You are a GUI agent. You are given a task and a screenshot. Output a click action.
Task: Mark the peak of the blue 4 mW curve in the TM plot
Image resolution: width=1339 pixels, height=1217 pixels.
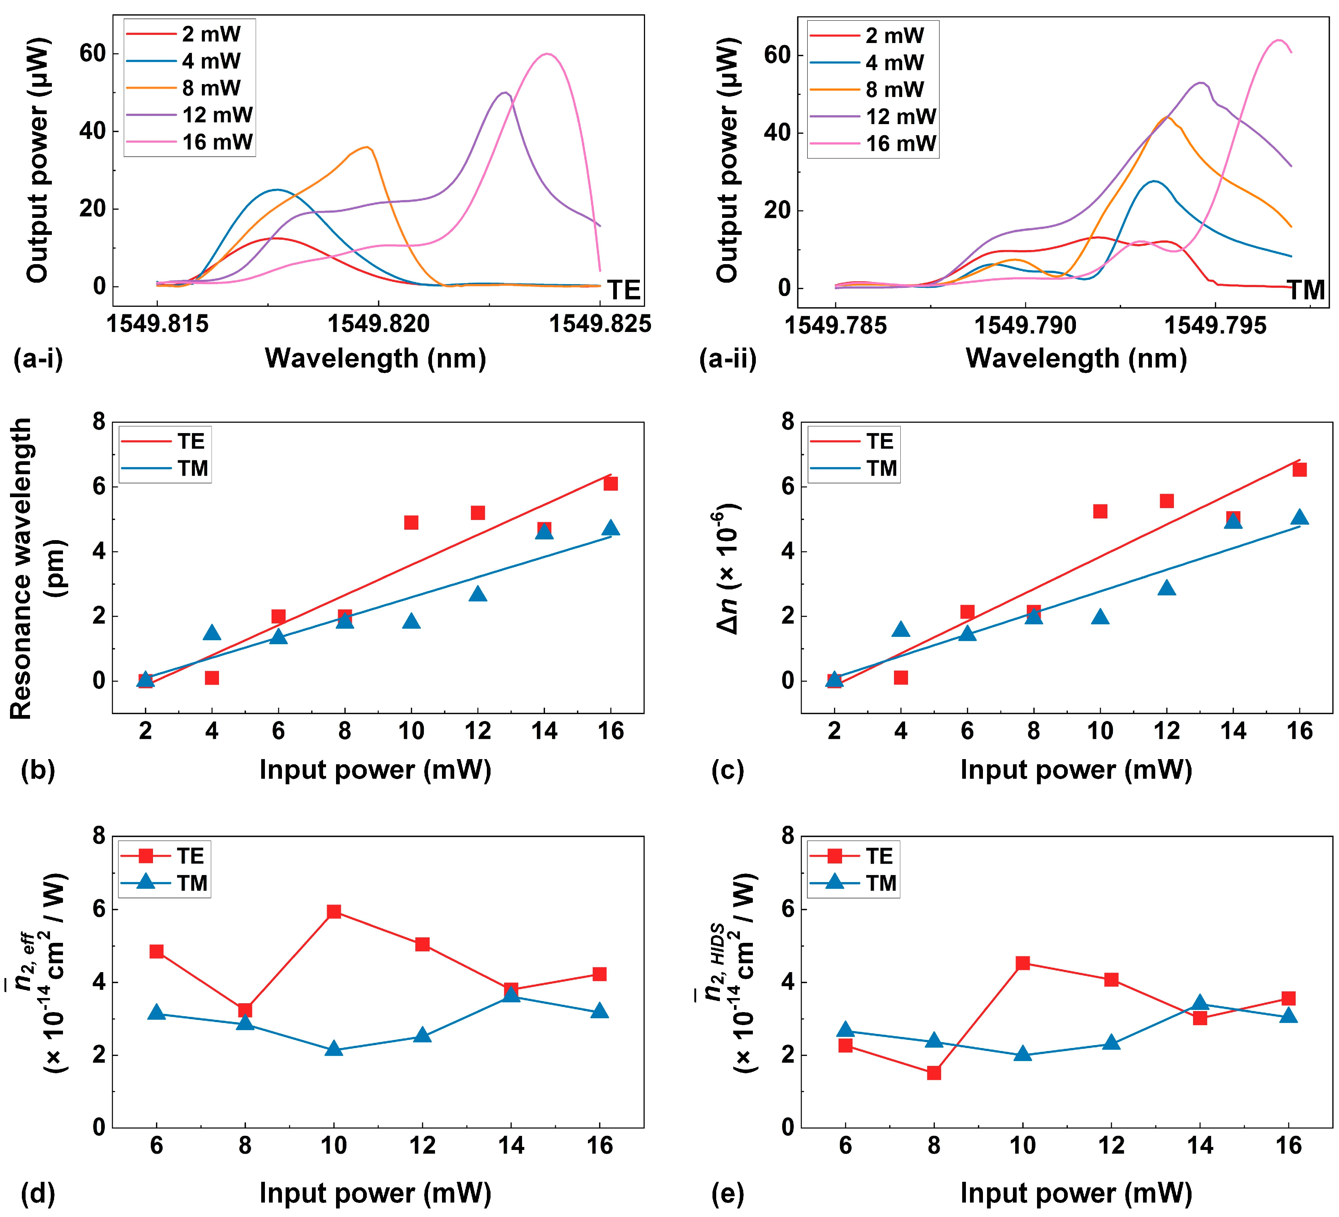tap(1154, 181)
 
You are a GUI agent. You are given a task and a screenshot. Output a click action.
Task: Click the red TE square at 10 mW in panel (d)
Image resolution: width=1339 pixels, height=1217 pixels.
tap(334, 911)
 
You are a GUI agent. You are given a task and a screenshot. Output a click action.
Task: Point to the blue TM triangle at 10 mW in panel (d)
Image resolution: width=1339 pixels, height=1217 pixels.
tap(334, 1049)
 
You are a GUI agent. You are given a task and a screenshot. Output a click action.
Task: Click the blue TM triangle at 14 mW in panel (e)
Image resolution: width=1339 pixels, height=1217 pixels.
tap(1200, 1004)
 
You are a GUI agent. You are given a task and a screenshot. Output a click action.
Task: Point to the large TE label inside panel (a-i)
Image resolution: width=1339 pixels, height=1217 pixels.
tap(624, 290)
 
